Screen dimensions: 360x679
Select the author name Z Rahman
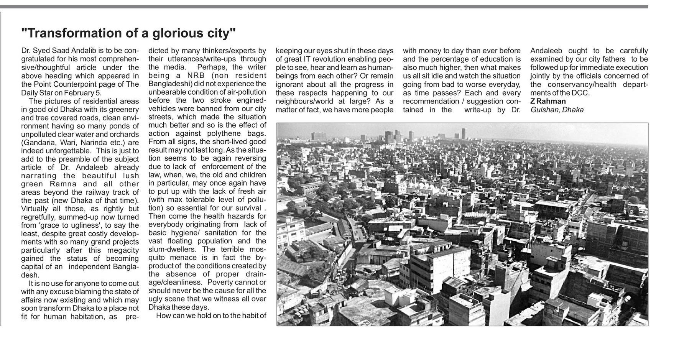coord(548,101)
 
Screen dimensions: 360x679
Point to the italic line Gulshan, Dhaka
coord(557,110)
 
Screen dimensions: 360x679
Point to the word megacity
coord(122,250)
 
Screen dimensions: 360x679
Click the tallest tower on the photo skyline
coord(464,133)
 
